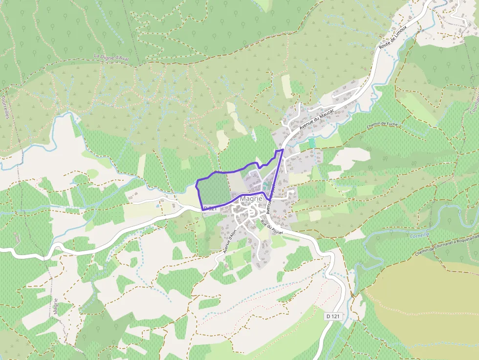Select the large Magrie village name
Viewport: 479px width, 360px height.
click(251, 199)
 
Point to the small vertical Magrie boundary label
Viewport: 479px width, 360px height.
click(56, 306)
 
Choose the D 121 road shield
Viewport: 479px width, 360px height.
click(332, 317)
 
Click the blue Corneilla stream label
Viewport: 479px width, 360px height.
click(420, 234)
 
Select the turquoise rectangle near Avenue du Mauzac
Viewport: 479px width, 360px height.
click(312, 142)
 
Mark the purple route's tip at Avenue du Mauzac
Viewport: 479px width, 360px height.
click(283, 150)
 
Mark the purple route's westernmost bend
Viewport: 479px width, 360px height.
click(196, 185)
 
